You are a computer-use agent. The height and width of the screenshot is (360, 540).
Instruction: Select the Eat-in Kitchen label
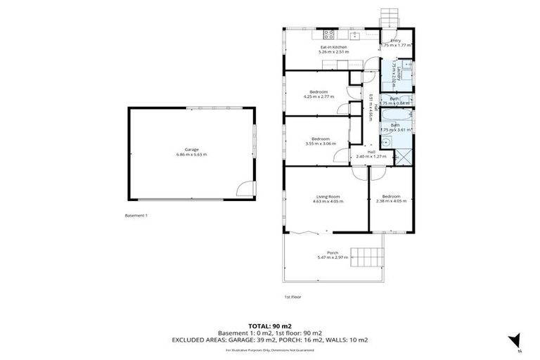point(334,47)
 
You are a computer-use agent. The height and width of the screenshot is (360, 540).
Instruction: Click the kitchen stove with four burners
point(328,34)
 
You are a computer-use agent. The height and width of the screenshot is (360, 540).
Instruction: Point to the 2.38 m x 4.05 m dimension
point(392,200)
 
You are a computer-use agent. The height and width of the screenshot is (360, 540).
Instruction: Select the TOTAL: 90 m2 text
point(270,326)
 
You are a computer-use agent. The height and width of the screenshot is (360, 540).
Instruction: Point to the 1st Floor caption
point(292,297)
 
